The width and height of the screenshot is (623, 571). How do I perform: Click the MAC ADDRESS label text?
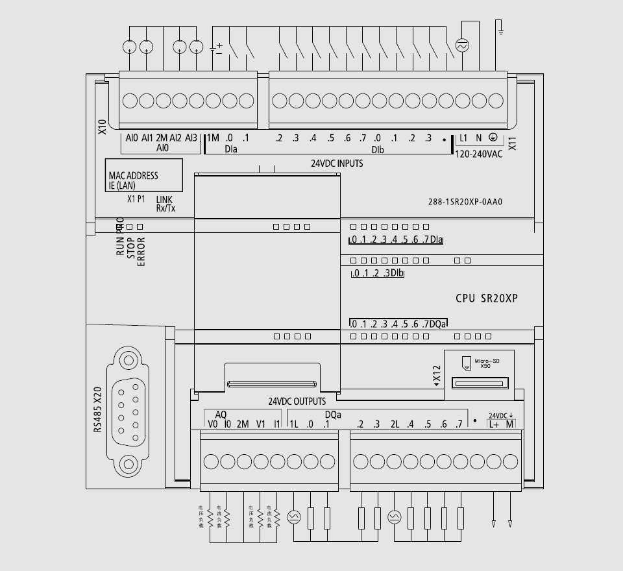point(133,176)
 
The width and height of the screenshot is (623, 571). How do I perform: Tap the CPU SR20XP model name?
point(486,298)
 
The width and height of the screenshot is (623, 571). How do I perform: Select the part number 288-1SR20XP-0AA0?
point(461,202)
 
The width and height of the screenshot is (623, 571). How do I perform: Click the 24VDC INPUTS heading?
point(337,164)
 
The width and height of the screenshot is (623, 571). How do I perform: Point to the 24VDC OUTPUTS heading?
point(297,402)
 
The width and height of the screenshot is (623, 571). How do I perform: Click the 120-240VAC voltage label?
point(479,154)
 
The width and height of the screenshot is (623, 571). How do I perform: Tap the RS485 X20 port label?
point(98,409)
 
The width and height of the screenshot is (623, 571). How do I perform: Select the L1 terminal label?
point(463,138)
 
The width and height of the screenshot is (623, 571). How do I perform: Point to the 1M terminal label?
point(213,138)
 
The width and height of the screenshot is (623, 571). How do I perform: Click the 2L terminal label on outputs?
point(394,424)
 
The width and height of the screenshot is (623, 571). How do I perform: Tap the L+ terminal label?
point(494,424)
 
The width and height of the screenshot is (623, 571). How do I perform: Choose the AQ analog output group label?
point(221,414)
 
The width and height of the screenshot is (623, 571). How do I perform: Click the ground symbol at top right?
point(500,28)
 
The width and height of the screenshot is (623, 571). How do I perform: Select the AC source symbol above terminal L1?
point(463,46)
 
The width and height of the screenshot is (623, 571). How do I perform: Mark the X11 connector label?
point(512,143)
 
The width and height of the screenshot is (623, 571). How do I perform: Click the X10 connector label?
point(102,127)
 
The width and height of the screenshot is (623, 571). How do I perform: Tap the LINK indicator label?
point(164,200)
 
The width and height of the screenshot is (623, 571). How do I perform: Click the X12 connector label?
point(437,374)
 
